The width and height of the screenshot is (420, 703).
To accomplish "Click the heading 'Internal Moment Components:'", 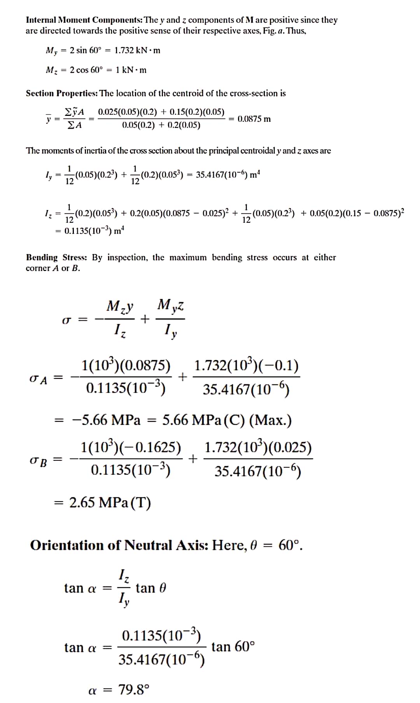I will click(x=84, y=20).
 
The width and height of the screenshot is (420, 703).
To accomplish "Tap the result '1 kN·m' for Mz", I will click(x=131, y=70).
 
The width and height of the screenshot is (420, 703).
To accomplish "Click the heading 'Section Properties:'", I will click(x=62, y=93).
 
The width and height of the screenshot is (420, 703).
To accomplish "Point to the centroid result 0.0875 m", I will click(x=254, y=119).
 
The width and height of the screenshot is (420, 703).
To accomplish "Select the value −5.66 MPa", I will click(x=106, y=420).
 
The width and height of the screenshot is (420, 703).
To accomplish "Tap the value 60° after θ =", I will click(x=290, y=545).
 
